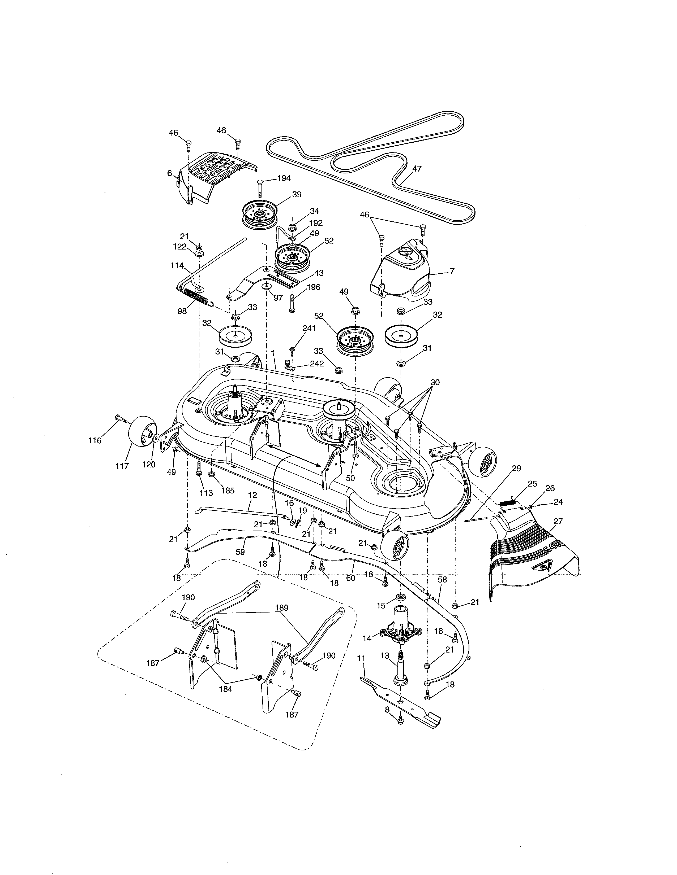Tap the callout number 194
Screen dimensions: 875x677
tap(284, 178)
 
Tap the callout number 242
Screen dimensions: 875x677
tap(317, 364)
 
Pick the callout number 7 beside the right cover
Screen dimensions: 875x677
tap(452, 271)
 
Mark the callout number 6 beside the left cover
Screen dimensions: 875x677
tap(170, 173)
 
